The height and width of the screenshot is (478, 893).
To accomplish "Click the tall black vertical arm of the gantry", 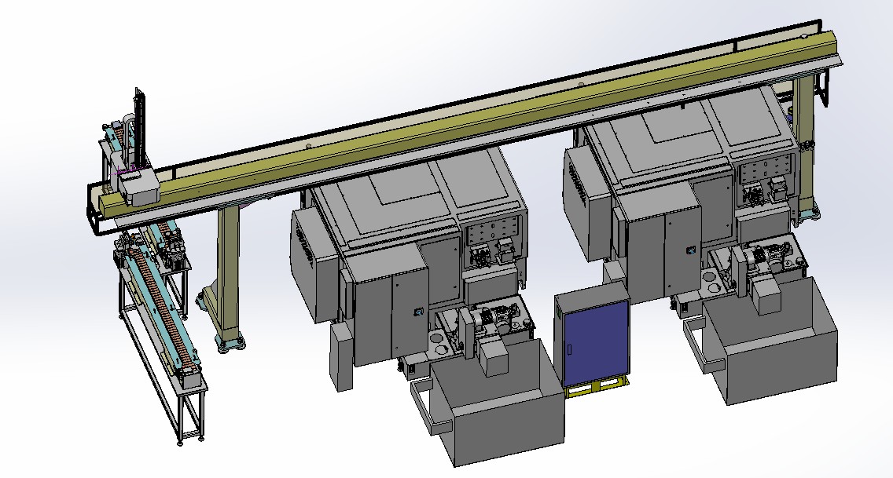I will tap(141, 126).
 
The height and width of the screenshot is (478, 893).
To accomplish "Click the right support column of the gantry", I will tap(804, 141).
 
